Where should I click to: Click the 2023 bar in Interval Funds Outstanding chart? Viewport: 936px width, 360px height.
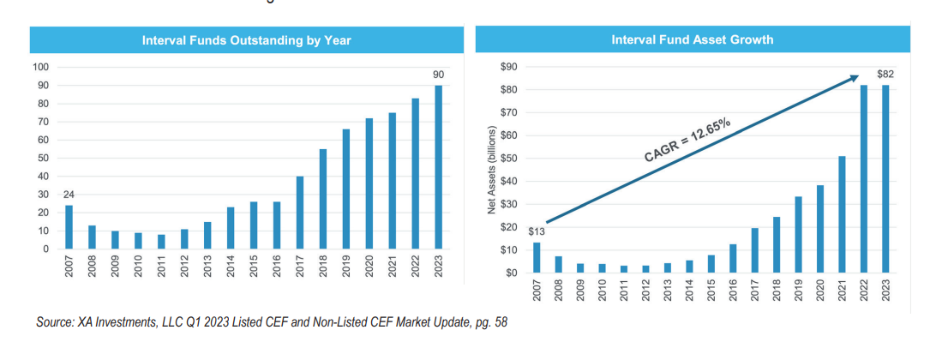pos(439,167)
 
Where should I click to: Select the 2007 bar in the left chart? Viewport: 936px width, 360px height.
pos(69,227)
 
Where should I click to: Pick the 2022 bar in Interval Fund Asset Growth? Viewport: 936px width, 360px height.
pos(862,178)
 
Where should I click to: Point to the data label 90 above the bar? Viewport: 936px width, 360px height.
pos(439,75)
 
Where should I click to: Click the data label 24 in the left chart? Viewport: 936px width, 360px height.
pos(69,195)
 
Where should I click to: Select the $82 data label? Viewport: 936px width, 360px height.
pos(885,75)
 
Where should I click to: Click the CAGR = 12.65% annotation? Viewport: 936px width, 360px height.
pos(687,141)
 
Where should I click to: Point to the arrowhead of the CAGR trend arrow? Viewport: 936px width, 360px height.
pos(854,78)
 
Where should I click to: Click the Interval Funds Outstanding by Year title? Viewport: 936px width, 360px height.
pos(246,39)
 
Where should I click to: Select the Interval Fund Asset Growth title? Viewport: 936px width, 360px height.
pos(692,39)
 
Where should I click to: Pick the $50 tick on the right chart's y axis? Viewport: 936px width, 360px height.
pos(507,159)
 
